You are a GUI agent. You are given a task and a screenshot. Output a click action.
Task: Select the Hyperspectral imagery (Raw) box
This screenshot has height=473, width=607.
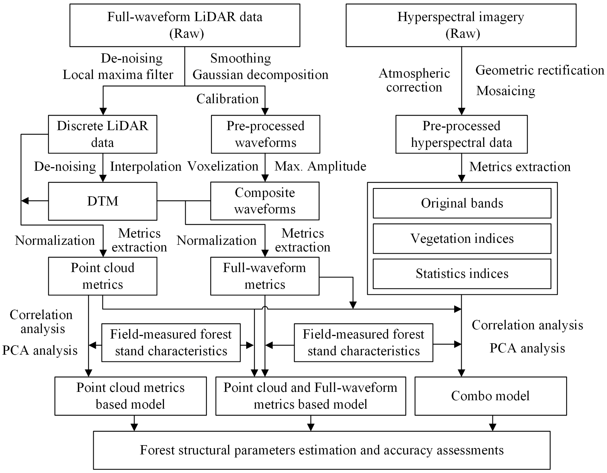461,25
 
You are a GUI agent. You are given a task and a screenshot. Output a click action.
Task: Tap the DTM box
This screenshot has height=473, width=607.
103,201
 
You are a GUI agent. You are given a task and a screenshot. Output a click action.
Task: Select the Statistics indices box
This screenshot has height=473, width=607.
462,274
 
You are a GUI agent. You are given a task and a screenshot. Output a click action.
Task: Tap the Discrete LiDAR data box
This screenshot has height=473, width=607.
103,134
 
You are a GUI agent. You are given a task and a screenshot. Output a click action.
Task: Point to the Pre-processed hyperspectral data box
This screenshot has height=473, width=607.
461,134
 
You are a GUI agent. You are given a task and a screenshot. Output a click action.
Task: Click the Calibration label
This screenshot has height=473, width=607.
227,99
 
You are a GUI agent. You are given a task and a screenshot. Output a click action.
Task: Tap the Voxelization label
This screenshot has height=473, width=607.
223,166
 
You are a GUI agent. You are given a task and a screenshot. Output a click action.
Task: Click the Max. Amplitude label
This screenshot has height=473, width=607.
320,166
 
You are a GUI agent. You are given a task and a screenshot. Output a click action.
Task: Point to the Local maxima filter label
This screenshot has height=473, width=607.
118,75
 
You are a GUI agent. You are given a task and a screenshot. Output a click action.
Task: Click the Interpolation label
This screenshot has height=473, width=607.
146,167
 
